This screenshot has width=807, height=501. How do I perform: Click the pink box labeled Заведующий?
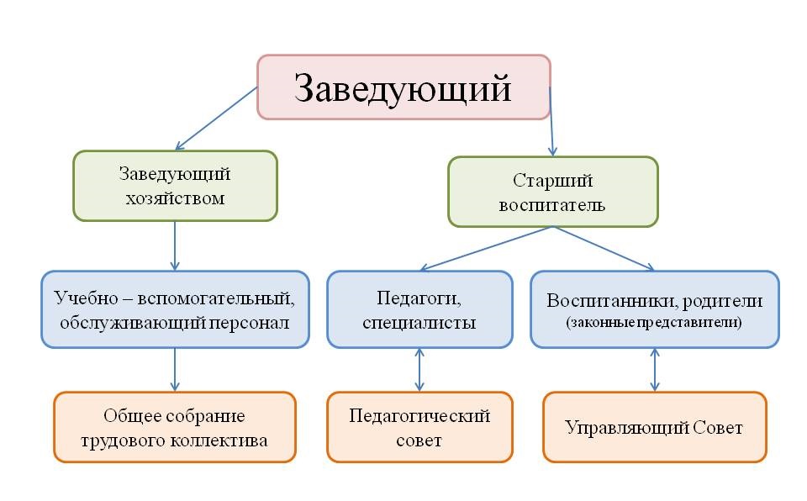point(404,87)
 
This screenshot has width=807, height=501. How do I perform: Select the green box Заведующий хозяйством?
point(175,186)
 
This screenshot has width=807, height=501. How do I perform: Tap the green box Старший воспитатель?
point(553,192)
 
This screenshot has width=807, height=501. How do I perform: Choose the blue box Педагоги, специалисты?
point(419,309)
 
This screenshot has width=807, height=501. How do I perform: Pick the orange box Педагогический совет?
point(419,427)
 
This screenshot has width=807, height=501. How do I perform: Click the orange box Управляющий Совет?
point(655,427)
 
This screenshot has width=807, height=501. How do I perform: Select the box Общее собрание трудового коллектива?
point(175,427)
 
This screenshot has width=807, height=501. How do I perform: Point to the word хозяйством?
point(175,198)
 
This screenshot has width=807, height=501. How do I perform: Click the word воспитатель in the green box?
point(551,205)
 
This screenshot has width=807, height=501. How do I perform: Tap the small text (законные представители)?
point(654,322)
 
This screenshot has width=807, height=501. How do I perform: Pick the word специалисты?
point(419,323)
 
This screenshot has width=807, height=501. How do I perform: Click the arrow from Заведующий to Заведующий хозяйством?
point(216,119)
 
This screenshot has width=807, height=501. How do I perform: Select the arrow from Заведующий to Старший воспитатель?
point(551,122)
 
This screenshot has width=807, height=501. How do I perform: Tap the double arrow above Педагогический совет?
point(419,370)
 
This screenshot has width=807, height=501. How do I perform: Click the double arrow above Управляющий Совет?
point(655,370)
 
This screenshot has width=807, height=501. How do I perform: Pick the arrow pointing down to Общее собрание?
point(175,370)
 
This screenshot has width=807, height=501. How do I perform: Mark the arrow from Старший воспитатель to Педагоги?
point(487,248)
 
